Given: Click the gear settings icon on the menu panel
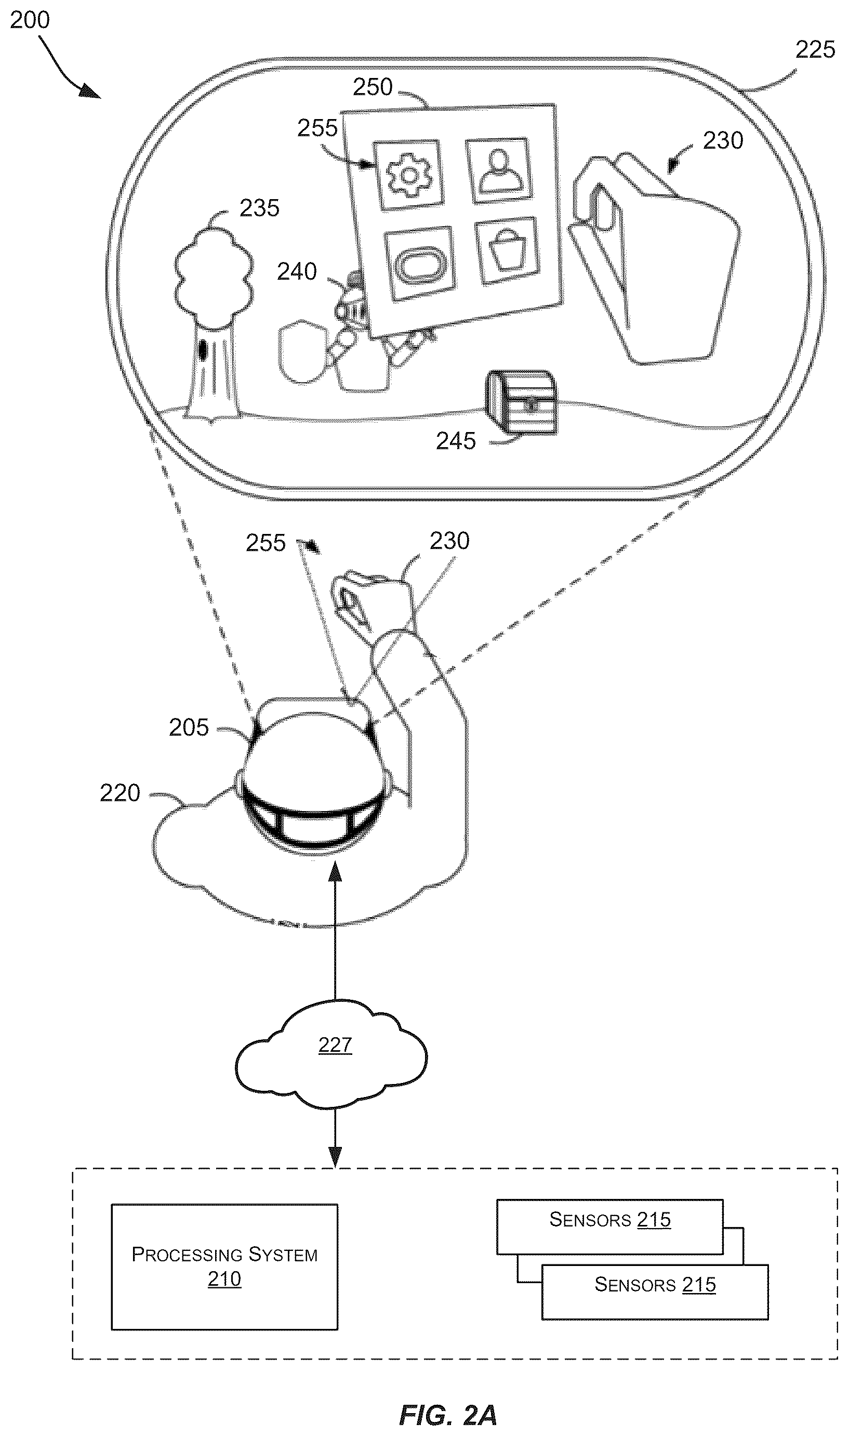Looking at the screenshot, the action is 409,174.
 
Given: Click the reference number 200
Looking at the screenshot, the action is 30,20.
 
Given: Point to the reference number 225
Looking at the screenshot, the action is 815,50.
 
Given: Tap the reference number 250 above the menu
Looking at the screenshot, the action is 373,87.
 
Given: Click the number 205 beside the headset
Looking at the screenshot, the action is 189,727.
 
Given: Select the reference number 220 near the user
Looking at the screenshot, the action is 120,793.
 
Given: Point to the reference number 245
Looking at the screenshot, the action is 456,441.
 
